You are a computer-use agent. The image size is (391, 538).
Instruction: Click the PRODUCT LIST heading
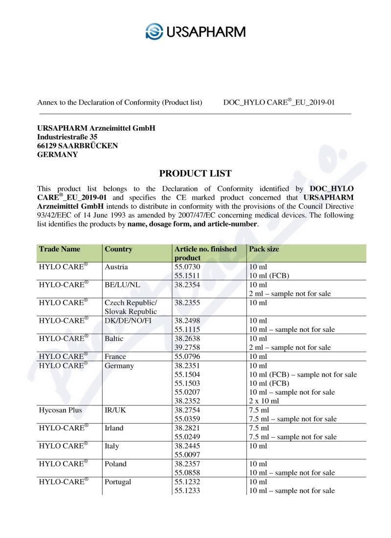pyautogui.click(x=195, y=174)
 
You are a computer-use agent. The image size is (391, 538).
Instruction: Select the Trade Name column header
pyautogui.click(x=59, y=249)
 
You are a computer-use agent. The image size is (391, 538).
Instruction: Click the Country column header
pyautogui.click(x=118, y=249)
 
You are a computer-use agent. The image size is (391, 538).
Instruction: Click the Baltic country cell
pyautogui.click(x=115, y=338)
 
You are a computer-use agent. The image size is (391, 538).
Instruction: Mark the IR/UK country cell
pyautogui.click(x=115, y=410)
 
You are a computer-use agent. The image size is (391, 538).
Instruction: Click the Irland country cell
pyautogui.click(x=114, y=428)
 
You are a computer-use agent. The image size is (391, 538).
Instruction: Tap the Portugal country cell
pyautogui.click(x=118, y=482)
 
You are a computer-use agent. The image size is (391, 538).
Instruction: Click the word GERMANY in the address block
pyautogui.click(x=57, y=155)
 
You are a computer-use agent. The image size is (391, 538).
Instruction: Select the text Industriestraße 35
pyautogui.click(x=67, y=137)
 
